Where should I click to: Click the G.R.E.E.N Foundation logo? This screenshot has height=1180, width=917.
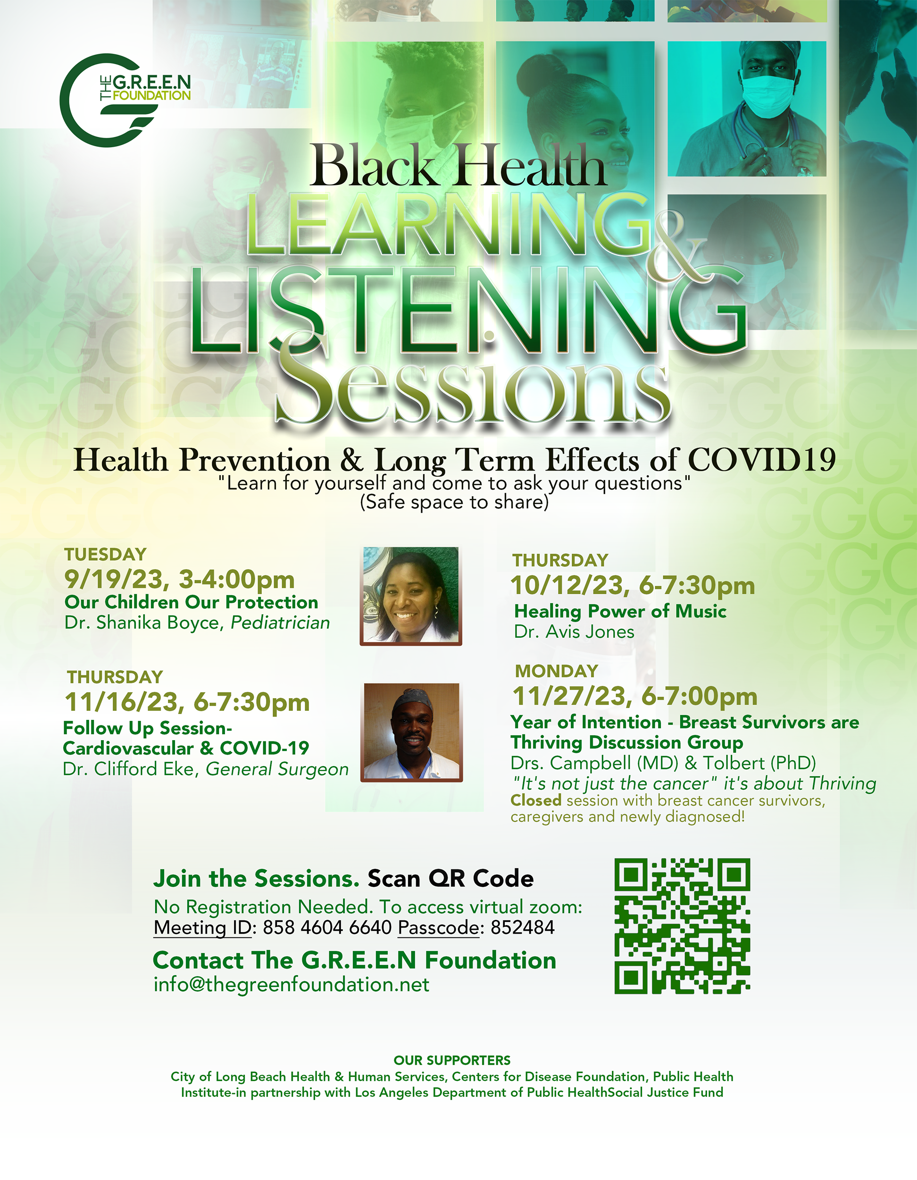pos(125,101)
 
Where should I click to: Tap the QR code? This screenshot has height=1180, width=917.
pos(682,926)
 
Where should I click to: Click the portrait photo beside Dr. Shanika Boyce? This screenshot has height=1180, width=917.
pos(411,596)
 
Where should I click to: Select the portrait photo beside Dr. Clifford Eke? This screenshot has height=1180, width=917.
pos(411,732)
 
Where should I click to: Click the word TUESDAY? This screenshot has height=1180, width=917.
pos(105,554)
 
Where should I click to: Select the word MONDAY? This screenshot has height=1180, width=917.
pos(556,671)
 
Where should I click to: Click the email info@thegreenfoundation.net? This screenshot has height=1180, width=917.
pos(292,985)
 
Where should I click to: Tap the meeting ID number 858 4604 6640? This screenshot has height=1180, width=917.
pos(327,927)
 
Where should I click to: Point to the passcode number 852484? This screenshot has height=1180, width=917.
pos(522,927)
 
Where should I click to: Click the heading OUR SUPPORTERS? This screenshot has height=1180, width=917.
pos(452,1060)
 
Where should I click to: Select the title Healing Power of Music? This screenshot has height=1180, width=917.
pos(620,611)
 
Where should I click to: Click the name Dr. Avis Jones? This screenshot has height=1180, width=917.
pos(574,632)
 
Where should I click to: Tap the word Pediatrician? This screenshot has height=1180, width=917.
pos(280,623)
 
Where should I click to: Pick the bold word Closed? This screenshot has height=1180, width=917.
pos(536,800)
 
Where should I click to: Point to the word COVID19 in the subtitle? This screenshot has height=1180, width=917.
pos(761,460)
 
